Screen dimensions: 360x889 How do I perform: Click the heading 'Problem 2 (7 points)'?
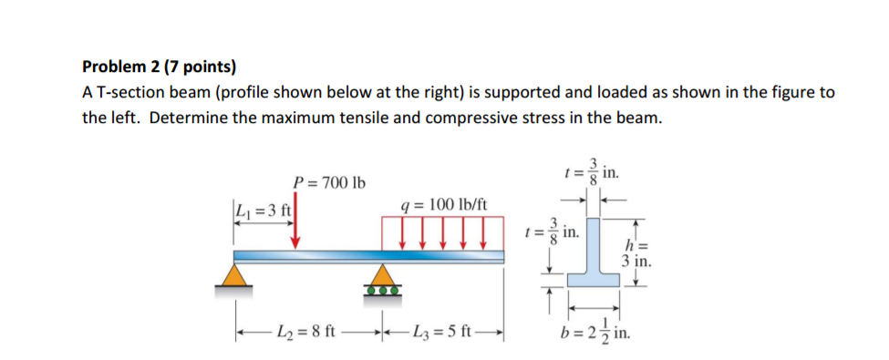click(159, 67)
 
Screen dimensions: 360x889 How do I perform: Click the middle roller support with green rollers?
click(383, 279)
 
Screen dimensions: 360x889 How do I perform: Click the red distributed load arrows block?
click(442, 231)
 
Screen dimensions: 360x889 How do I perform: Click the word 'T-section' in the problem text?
click(130, 94)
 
